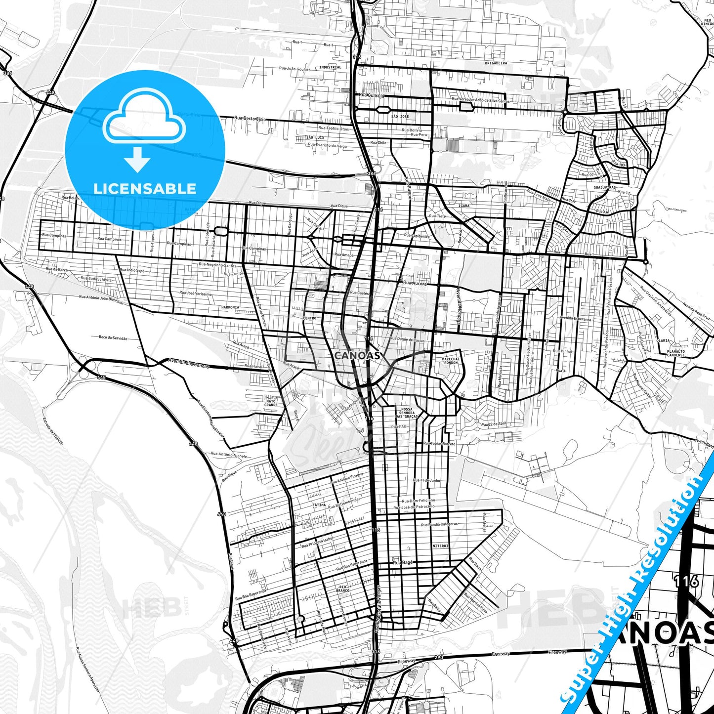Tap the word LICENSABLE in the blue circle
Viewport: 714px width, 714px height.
(x=145, y=188)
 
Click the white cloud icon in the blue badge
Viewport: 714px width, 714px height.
(x=144, y=119)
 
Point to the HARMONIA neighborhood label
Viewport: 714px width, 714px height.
(x=230, y=307)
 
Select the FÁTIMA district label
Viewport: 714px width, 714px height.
(x=319, y=505)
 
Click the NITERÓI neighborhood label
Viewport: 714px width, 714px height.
(x=440, y=546)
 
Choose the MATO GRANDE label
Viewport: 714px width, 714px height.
(x=271, y=401)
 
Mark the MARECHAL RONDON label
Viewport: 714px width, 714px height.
(x=451, y=361)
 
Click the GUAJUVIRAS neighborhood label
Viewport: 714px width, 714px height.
(x=604, y=188)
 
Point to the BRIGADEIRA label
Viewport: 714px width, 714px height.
(x=496, y=63)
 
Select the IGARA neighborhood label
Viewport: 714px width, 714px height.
(x=464, y=206)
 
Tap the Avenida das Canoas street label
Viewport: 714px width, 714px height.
(x=188, y=363)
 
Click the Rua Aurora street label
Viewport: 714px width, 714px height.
(x=414, y=283)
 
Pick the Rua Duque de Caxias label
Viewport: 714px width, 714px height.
(x=407, y=340)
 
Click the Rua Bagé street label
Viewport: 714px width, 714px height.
(x=402, y=563)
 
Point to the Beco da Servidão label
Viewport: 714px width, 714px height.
(x=113, y=338)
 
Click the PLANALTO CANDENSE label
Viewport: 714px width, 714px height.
(x=675, y=353)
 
